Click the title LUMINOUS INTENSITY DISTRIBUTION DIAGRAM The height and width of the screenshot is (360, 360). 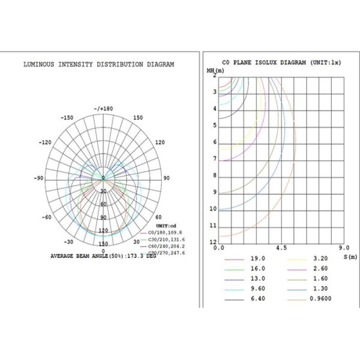click(x=99, y=64)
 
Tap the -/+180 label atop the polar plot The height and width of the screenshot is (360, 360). click(x=103, y=109)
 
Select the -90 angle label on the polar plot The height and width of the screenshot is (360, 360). click(x=40, y=178)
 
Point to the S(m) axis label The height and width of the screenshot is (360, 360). click(x=350, y=256)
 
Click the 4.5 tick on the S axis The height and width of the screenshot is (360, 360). click(x=280, y=247)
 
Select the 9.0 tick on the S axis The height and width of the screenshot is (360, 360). click(x=344, y=247)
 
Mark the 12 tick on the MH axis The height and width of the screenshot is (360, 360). click(x=212, y=242)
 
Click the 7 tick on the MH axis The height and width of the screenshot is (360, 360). click(x=214, y=158)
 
